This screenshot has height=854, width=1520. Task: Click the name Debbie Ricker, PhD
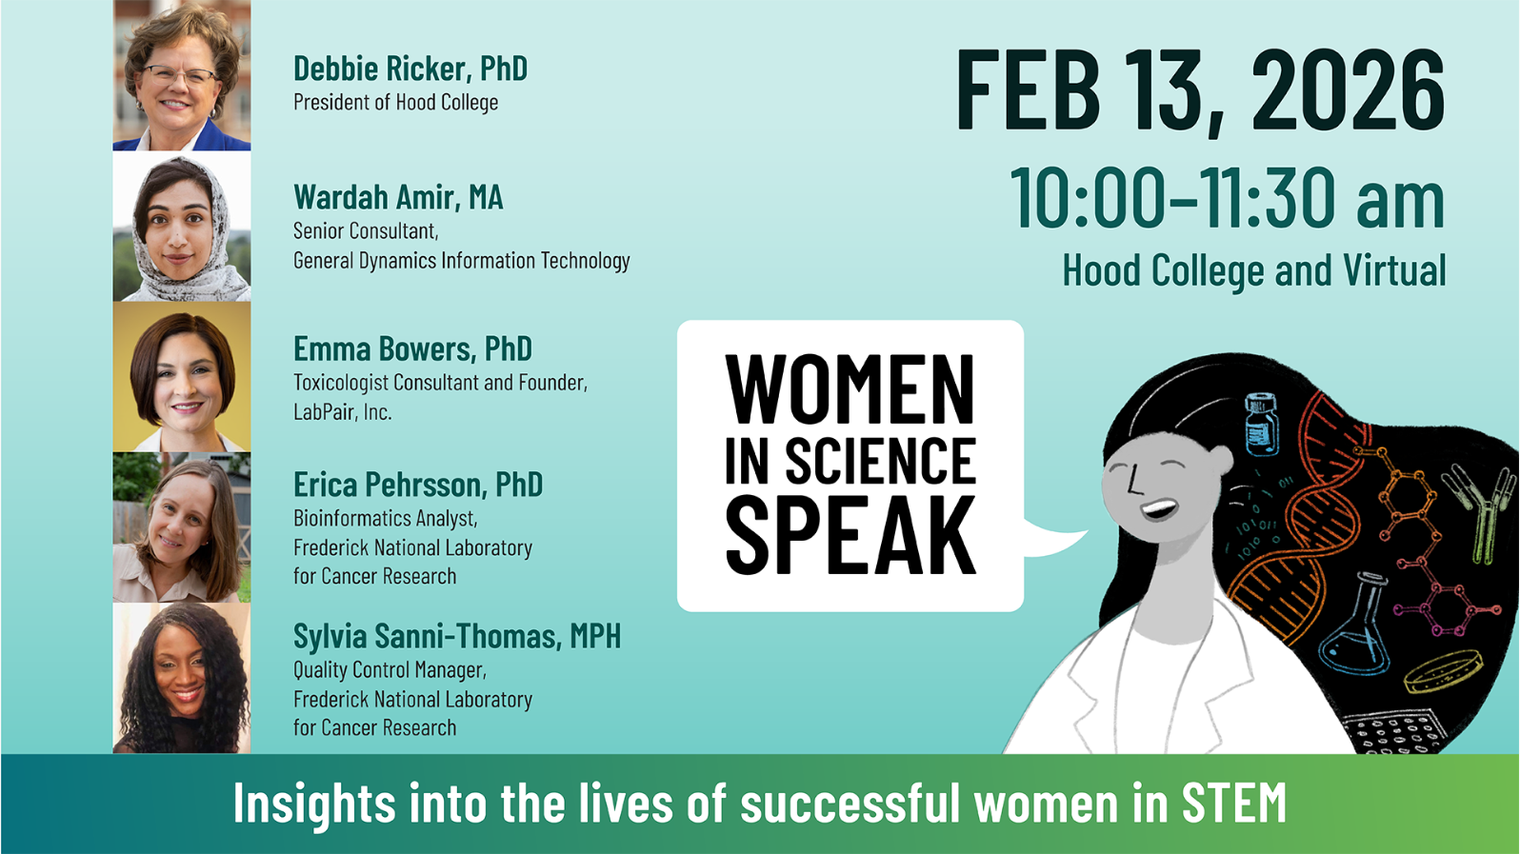410,69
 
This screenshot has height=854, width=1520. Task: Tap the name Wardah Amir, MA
398,197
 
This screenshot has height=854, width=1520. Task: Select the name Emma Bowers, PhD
412,349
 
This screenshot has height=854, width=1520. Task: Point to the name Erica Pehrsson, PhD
418,485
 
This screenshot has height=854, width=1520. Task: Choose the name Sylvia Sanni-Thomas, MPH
457,636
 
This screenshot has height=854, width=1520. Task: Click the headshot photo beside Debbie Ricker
182,75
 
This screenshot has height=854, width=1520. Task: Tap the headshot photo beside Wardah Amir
182,227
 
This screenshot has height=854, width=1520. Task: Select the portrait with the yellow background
182,377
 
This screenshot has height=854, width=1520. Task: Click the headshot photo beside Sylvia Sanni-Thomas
182,678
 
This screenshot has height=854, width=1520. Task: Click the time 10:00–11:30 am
1228,198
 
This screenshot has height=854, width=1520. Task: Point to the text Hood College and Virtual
1254,270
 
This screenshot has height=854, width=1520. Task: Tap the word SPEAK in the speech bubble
850,536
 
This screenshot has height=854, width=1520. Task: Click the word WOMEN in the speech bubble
850,389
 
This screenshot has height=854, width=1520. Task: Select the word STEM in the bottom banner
1233,804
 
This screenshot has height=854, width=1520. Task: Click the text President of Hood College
395,103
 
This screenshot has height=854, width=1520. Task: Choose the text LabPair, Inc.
343,411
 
